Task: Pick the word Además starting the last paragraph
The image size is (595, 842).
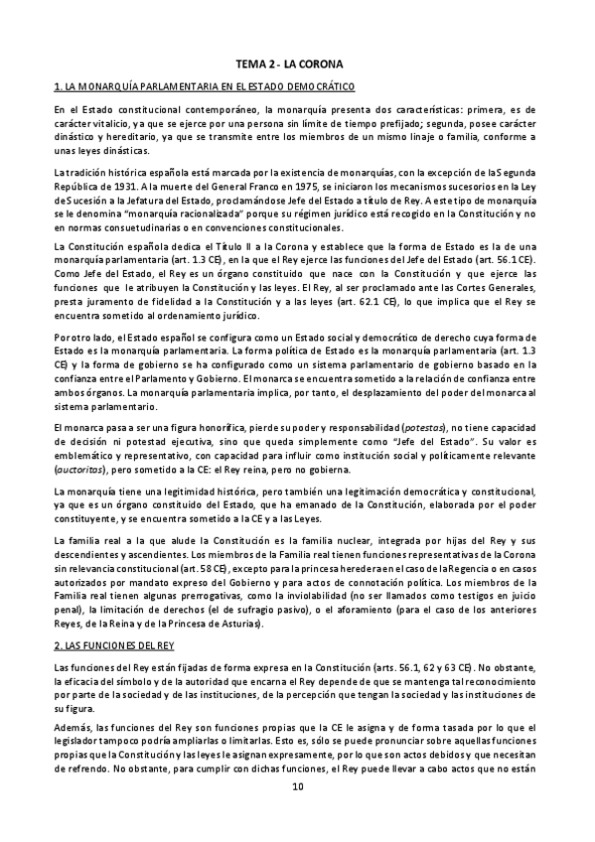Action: click(x=74, y=728)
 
